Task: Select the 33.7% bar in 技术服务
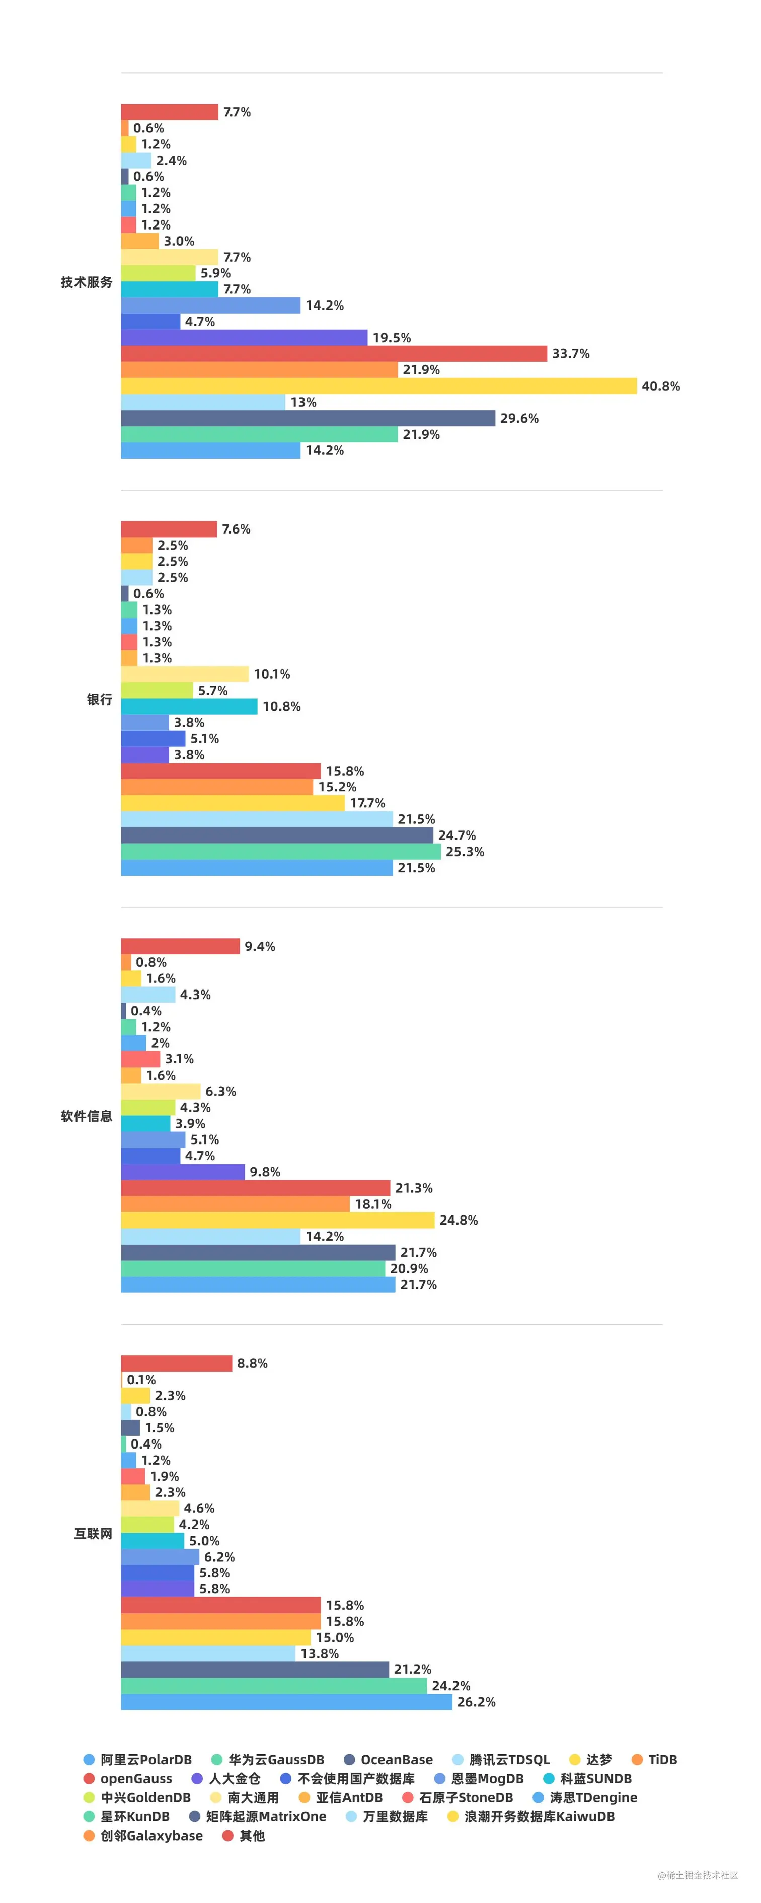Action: coord(334,354)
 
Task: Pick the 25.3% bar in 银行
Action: coord(281,852)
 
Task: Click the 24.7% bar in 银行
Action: coord(277,835)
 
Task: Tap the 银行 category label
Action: coord(100,700)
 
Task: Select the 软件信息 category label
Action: coord(87,1116)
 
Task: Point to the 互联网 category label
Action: coord(93,1534)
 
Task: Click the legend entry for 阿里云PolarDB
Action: coord(138,1760)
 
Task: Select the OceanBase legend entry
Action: coord(389,1760)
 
